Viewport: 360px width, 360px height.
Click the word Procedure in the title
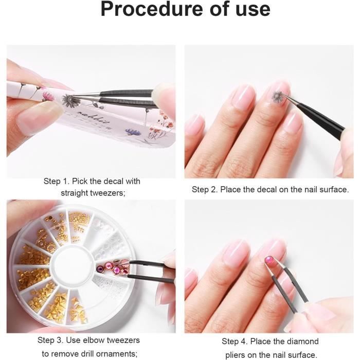point(152,9)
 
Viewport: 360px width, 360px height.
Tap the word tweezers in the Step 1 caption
point(108,193)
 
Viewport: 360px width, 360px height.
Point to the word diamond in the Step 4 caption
point(302,341)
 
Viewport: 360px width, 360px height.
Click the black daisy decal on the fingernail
point(277,96)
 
